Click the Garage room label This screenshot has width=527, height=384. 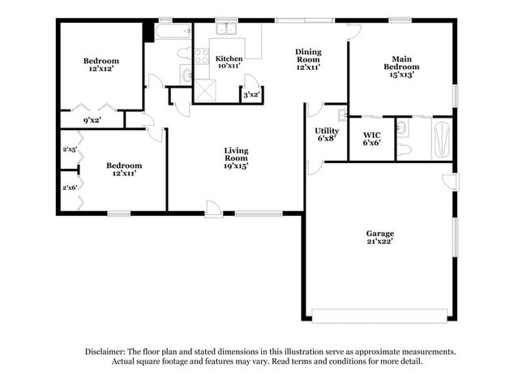click(379, 234)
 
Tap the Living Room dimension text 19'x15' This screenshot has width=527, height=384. click(237, 166)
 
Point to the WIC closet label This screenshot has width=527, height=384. click(372, 134)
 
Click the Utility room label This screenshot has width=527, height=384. click(326, 130)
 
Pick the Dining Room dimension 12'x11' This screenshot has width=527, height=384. click(308, 67)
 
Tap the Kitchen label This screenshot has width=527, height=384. click(229, 58)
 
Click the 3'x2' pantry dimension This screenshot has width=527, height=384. click(251, 95)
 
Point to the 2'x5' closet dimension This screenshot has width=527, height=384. click(69, 149)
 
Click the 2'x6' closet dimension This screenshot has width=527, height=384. click(69, 188)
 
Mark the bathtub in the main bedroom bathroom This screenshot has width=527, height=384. click(441, 139)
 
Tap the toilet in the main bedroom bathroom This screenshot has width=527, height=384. click(405, 149)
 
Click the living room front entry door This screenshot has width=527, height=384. click(213, 211)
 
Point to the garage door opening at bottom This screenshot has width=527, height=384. click(379, 315)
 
